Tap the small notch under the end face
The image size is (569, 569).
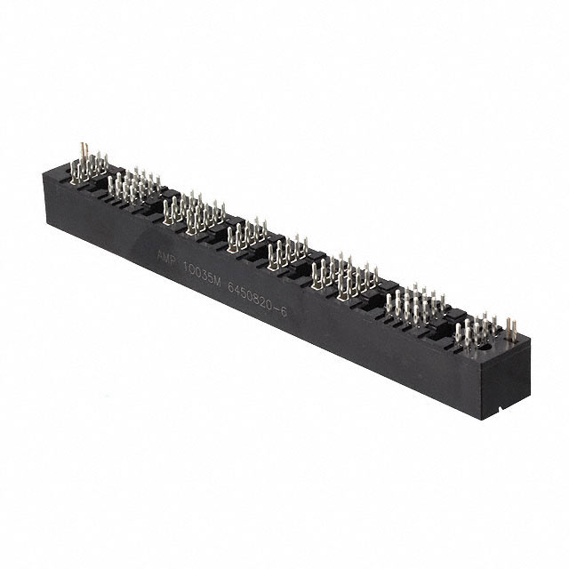point(502,406)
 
